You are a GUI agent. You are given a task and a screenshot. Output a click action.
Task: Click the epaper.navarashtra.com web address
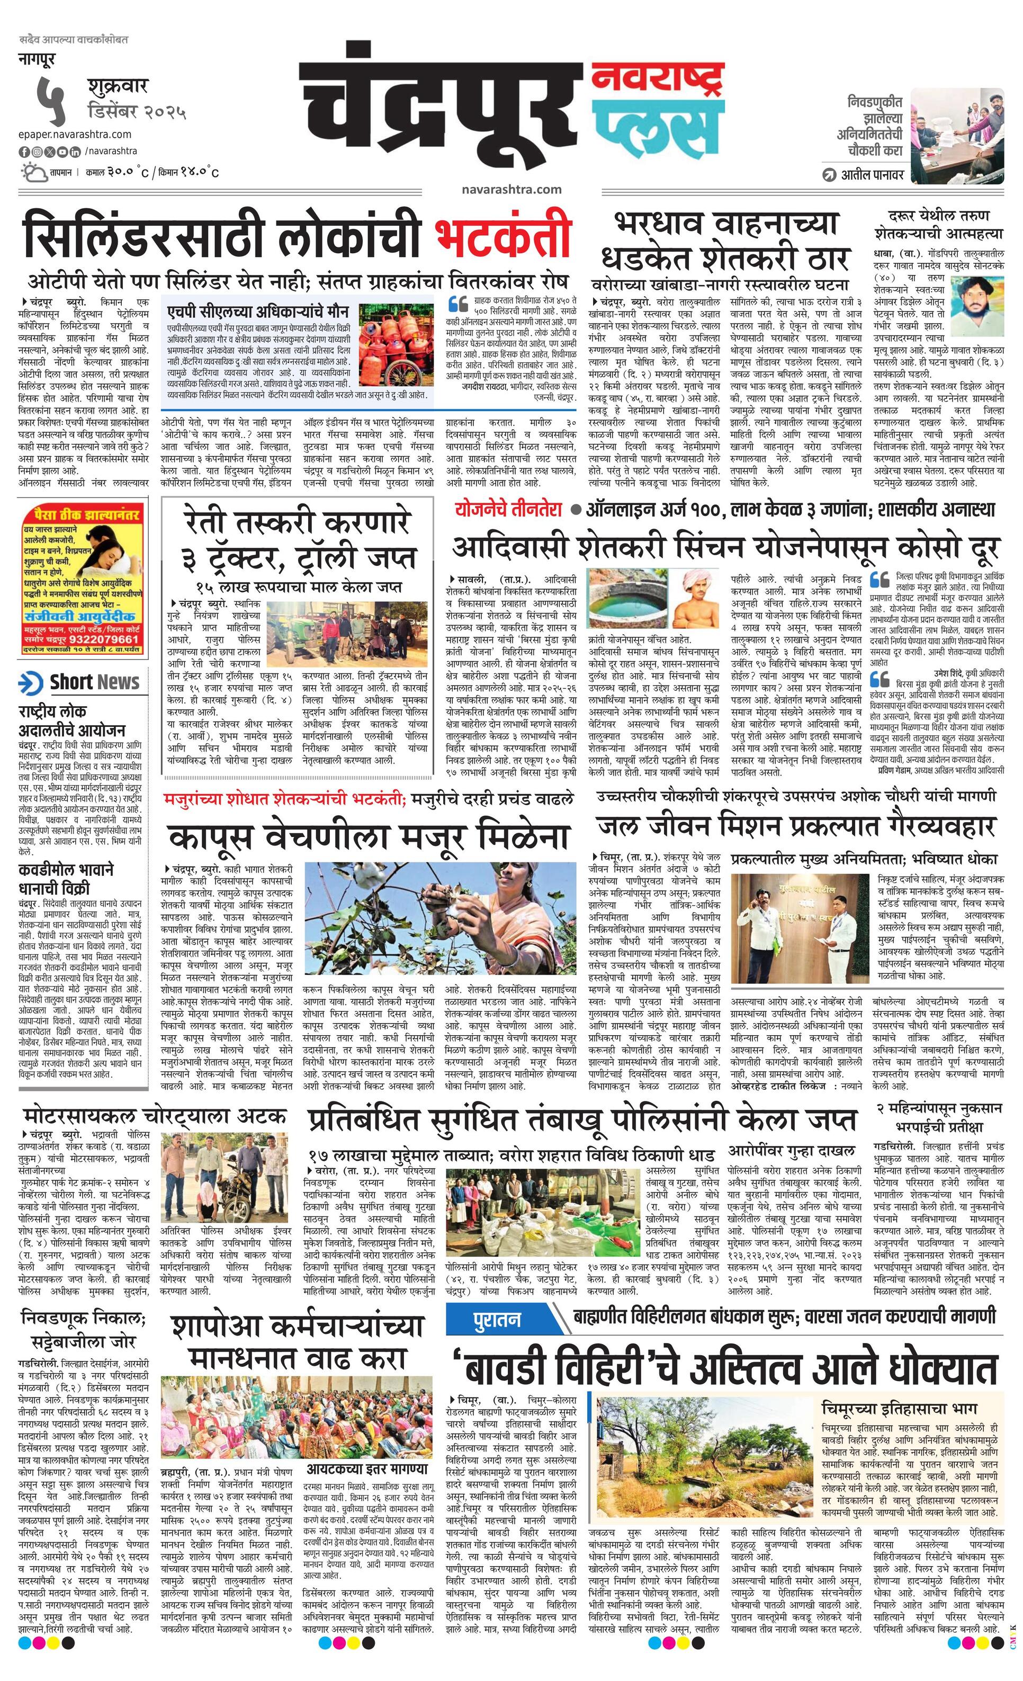75,135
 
